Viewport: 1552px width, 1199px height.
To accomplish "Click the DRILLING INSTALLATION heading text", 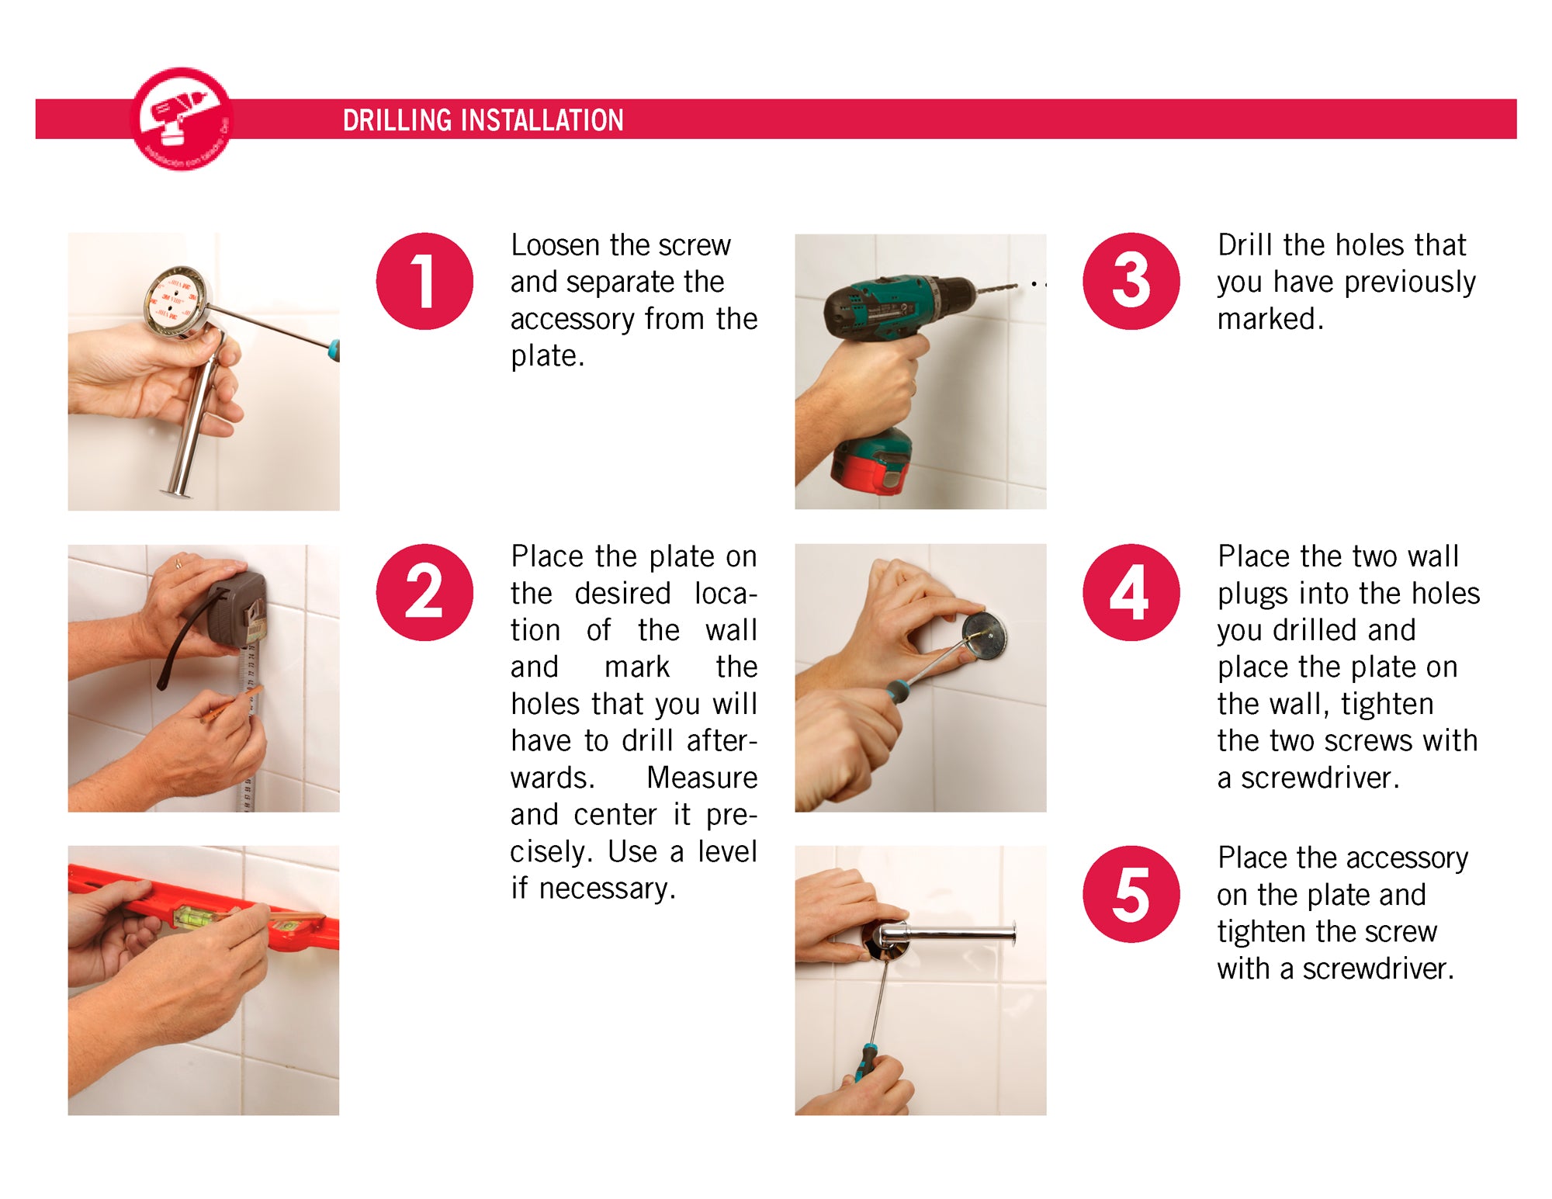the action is [483, 120].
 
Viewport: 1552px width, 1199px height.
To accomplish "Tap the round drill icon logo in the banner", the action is [182, 119].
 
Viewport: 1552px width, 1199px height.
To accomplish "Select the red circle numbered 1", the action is [424, 281].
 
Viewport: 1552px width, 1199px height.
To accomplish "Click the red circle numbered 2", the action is [424, 592].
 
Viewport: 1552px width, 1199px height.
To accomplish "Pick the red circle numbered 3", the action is [1131, 281].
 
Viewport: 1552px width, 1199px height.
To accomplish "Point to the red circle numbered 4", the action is [1131, 592].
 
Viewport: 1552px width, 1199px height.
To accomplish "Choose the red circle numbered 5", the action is [1131, 894].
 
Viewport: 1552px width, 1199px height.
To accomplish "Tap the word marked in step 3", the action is [1270, 319].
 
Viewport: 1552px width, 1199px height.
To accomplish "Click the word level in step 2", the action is [726, 851].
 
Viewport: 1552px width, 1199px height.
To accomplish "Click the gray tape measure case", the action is [237, 609].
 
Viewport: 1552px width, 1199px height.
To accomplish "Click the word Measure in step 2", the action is [702, 778].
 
